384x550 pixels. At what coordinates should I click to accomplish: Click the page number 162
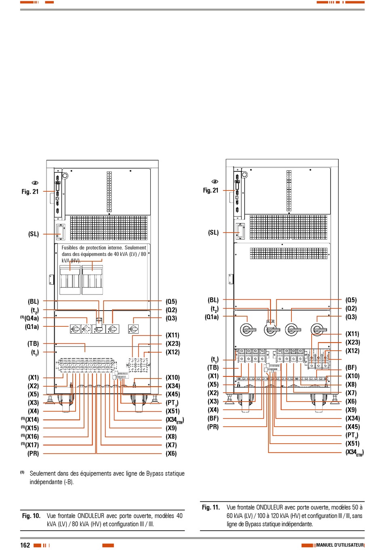[25, 545]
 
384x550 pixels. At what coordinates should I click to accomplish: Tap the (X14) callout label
[32, 420]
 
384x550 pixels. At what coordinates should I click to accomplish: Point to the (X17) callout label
[32, 445]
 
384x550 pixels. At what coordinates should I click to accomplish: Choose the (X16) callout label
[32, 437]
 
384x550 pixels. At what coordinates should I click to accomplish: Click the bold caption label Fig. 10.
[32, 516]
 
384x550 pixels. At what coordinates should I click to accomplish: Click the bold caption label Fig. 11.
[211, 507]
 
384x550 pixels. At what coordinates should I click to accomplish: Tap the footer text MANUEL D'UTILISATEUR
[340, 545]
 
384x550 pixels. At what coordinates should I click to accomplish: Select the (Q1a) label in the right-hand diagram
[211, 317]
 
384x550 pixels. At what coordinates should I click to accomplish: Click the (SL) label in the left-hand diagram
[34, 234]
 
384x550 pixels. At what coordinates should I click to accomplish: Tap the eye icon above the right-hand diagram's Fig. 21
[215, 182]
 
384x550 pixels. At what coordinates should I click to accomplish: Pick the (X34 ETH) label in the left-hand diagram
[175, 420]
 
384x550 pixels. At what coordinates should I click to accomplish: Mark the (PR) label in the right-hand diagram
[213, 427]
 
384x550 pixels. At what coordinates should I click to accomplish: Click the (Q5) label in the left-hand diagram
[171, 301]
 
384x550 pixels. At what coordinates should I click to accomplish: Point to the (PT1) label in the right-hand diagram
[352, 436]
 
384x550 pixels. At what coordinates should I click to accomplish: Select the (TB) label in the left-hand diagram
[33, 344]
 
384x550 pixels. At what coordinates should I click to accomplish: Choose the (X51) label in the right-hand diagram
[352, 444]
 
